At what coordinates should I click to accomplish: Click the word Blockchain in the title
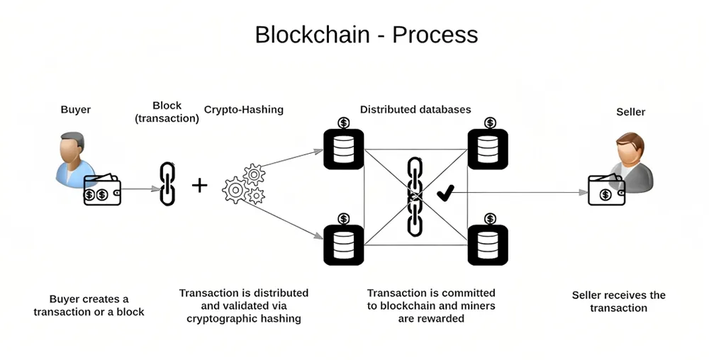pyautogui.click(x=312, y=34)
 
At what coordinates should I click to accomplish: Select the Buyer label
pyautogui.click(x=76, y=110)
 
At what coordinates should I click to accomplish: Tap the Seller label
pyautogui.click(x=631, y=112)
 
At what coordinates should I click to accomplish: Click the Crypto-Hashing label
pyautogui.click(x=244, y=110)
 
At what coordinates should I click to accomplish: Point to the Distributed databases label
pyautogui.click(x=415, y=109)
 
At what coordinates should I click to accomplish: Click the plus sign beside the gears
pyautogui.click(x=199, y=185)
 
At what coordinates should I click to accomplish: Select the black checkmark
pyautogui.click(x=445, y=193)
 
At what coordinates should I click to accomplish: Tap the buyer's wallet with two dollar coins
pyautogui.click(x=102, y=190)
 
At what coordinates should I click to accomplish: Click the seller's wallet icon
pyautogui.click(x=606, y=190)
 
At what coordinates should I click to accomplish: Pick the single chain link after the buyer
pyautogui.click(x=167, y=184)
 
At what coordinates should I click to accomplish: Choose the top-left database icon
pyautogui.click(x=344, y=149)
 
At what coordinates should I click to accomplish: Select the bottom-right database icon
pyautogui.click(x=488, y=244)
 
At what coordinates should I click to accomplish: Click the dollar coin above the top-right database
pyautogui.click(x=490, y=123)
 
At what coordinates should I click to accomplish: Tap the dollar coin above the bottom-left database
pyautogui.click(x=344, y=219)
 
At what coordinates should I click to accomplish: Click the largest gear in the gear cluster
pyautogui.click(x=235, y=190)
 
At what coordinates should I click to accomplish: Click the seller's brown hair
pyautogui.click(x=630, y=140)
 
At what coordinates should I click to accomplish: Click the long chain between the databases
pyautogui.click(x=415, y=197)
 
